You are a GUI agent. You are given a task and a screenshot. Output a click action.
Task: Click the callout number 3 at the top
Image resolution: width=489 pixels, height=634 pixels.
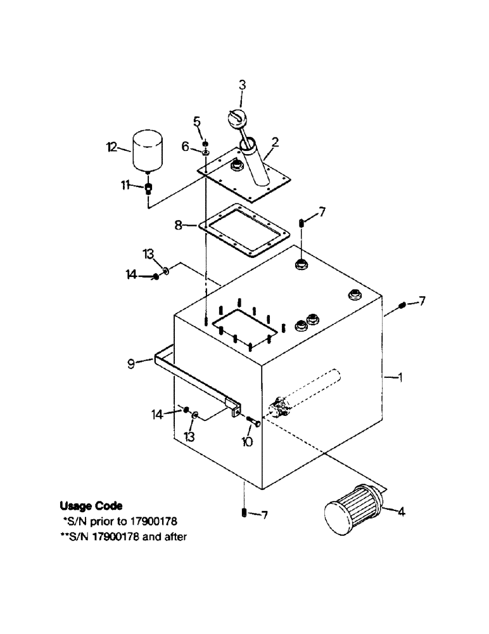(242, 84)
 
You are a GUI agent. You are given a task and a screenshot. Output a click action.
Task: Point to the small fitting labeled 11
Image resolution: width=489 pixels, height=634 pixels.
(148, 187)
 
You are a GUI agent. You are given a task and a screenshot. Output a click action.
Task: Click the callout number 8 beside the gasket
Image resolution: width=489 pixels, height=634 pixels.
(178, 224)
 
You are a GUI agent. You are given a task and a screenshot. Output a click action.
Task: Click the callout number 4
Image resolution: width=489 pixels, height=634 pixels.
(401, 512)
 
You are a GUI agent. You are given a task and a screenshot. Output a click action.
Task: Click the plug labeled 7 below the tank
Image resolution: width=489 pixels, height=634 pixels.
(244, 513)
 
